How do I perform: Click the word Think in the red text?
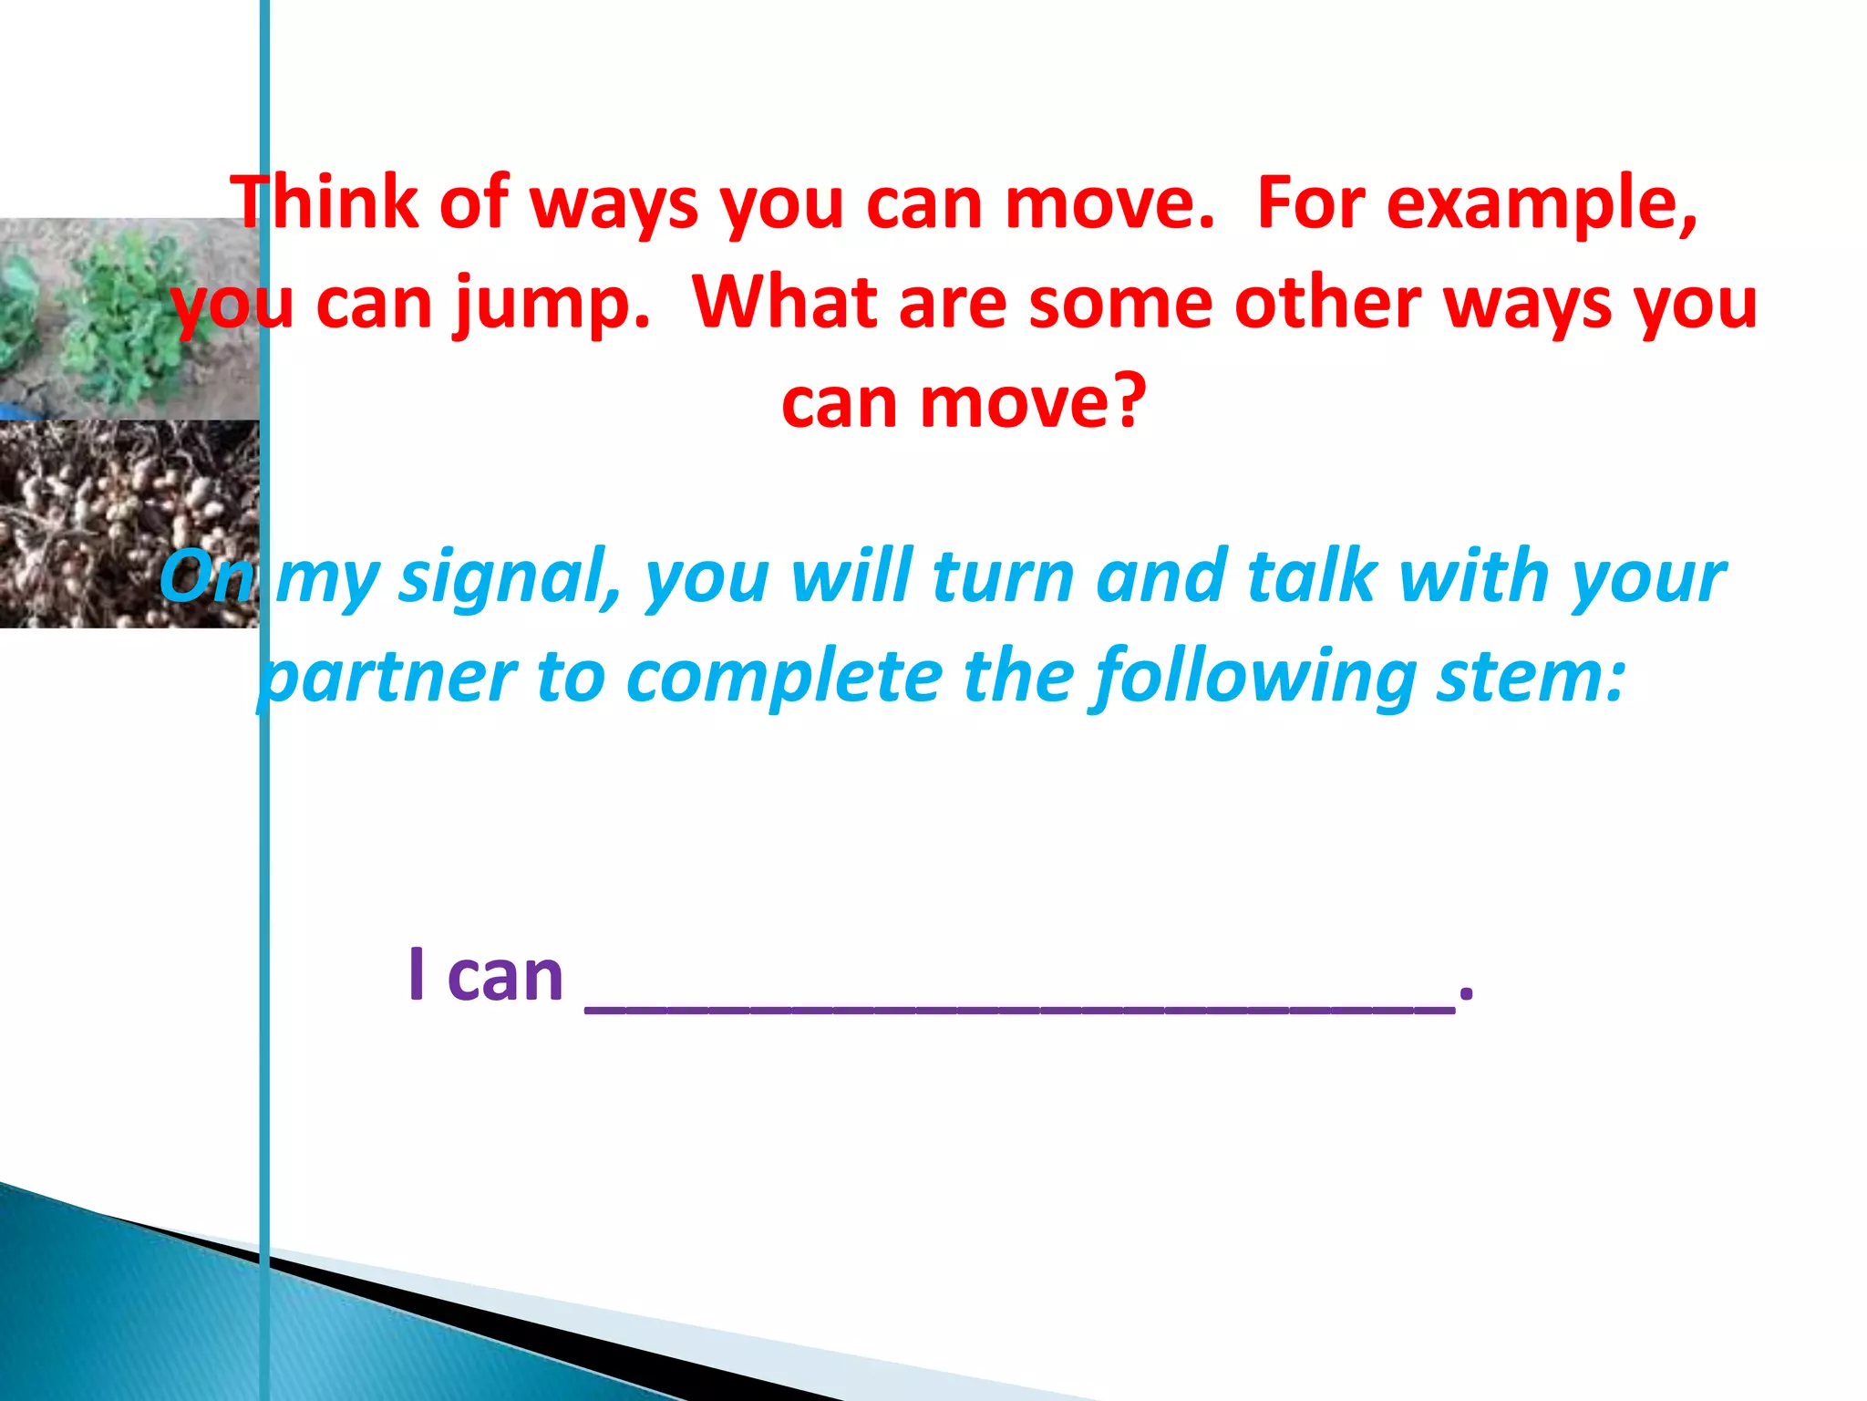(323, 202)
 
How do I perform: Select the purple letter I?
(417, 975)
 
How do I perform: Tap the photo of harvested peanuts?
(128, 524)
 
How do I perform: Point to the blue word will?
(852, 576)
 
